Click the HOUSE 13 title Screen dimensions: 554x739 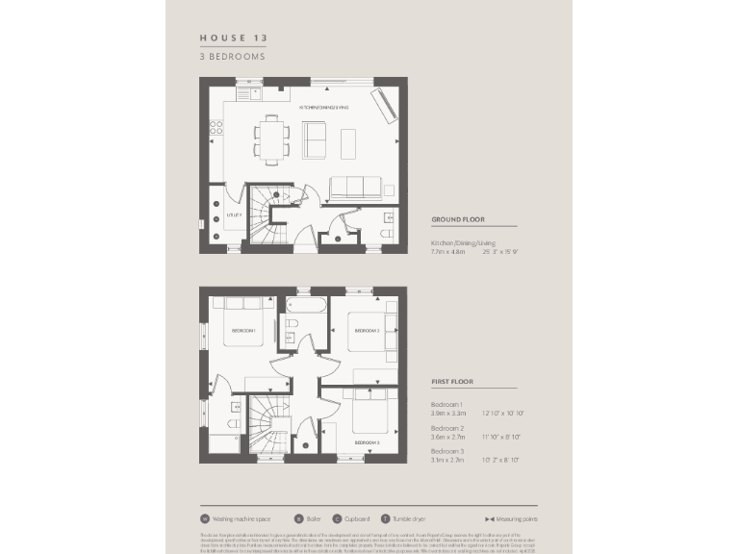(233, 38)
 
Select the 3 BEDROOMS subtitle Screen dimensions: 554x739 (231, 56)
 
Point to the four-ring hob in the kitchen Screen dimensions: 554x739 (217, 127)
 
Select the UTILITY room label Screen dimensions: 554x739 (233, 215)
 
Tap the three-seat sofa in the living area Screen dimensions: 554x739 (354, 187)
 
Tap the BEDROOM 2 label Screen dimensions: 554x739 (368, 330)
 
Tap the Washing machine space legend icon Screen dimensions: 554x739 (205, 518)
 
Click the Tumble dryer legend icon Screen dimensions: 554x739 (385, 518)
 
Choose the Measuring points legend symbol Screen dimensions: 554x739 (490, 518)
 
